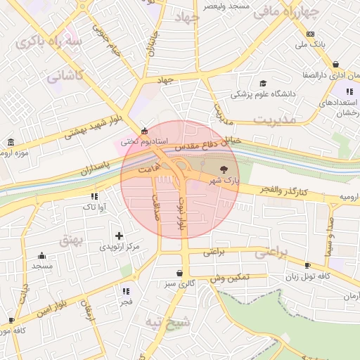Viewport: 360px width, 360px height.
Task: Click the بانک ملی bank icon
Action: click(310, 34)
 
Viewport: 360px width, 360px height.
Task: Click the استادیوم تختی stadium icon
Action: click(145, 131)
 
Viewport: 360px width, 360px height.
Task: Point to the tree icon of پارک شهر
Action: click(224, 169)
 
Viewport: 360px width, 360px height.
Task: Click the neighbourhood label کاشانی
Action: click(65, 75)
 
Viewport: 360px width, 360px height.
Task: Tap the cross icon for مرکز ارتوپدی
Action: click(118, 236)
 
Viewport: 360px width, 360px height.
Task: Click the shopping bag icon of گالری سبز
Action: click(180, 274)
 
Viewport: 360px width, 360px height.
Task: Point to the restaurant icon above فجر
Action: click(126, 291)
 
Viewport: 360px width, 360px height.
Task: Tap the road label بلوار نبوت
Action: click(181, 214)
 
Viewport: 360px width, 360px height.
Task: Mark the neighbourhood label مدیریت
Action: click(271, 120)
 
